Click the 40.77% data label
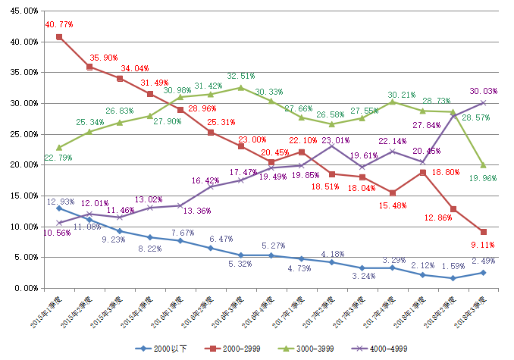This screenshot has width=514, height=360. [58, 24]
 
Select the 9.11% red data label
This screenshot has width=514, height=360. [483, 245]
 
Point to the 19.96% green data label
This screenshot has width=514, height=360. [483, 179]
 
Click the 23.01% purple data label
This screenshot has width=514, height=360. [334, 140]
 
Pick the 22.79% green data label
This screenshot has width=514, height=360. [58, 158]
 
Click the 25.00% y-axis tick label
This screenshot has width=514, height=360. [23, 134]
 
